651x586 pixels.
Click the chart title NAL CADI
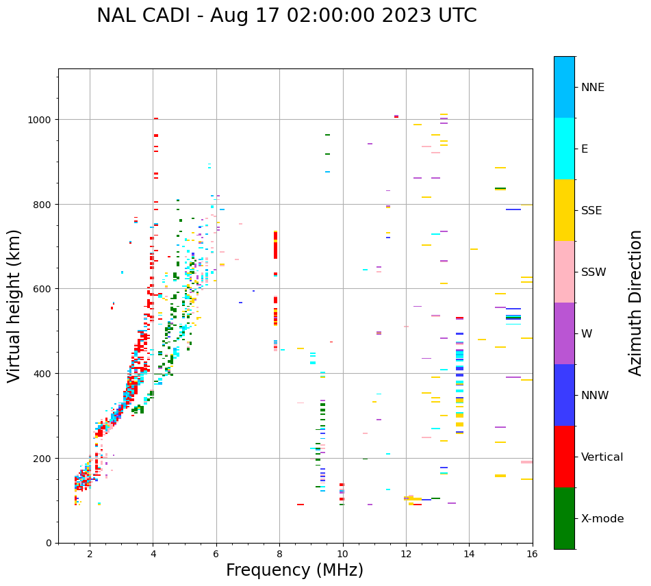pos(286,16)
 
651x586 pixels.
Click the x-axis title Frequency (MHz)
pos(294,570)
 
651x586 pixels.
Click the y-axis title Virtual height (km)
pos(14,305)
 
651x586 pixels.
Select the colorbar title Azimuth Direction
pos(636,303)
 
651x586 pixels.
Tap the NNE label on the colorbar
pos(593,87)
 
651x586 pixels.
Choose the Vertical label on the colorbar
pos(602,457)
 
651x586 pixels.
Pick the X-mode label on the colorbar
pos(602,518)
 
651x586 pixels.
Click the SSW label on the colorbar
pos(593,272)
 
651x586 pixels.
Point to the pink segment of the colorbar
pos(564,272)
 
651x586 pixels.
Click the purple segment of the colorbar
pos(564,333)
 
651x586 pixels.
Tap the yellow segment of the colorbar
pos(564,210)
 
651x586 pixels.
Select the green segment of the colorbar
pos(564,518)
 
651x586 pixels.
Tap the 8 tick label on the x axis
pos(279,554)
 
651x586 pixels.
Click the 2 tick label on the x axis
pos(90,554)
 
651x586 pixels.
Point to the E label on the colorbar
pos(585,149)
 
